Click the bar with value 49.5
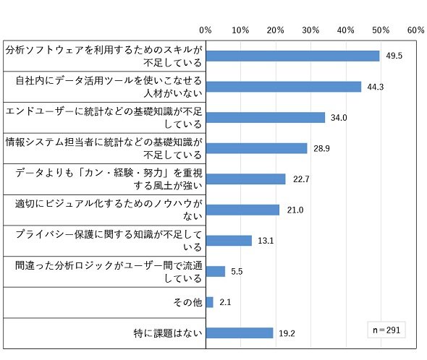[x=292, y=56]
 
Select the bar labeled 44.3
[x=284, y=87]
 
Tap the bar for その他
[x=210, y=302]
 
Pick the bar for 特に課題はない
[x=240, y=333]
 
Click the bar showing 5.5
[x=216, y=272]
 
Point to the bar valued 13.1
[x=229, y=241]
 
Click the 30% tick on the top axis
[x=310, y=30]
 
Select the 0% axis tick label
[x=206, y=30]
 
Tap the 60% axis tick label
[x=416, y=30]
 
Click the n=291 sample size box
[x=386, y=330]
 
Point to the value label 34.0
[x=339, y=118]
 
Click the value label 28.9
[x=321, y=148]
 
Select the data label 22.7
[x=301, y=179]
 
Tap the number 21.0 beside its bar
[x=295, y=210]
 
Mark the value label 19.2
[x=287, y=333]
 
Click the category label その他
[x=187, y=302]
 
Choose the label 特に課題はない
[x=168, y=333]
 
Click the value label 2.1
[x=225, y=302]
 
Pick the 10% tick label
[x=240, y=30]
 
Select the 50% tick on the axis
[x=381, y=30]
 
